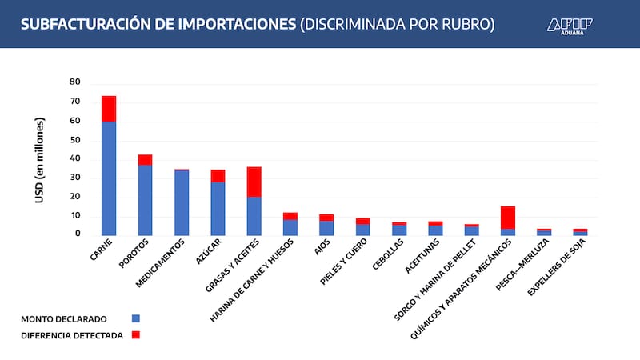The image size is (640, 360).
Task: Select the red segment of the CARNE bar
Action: pos(109,109)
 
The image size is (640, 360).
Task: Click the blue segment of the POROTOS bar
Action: pos(145,200)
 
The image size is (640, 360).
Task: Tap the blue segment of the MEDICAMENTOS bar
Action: pos(182,203)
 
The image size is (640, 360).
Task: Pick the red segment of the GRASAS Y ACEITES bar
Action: pos(254,182)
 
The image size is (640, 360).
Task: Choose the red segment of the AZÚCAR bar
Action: pos(218,176)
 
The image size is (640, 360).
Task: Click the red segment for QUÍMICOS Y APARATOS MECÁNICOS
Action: pos(508,218)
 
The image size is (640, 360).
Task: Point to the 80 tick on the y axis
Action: pos(75,82)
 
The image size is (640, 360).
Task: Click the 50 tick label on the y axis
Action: pos(75,140)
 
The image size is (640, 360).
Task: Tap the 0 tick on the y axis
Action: pos(78,234)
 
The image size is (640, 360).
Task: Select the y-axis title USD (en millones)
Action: pos(39,159)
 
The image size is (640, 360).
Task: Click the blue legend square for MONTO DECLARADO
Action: pos(135,318)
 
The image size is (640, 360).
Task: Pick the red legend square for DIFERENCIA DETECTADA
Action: pos(135,335)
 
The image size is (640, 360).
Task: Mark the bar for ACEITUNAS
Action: pos(435,229)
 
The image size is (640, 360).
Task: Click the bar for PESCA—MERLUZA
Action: pos(544,232)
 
